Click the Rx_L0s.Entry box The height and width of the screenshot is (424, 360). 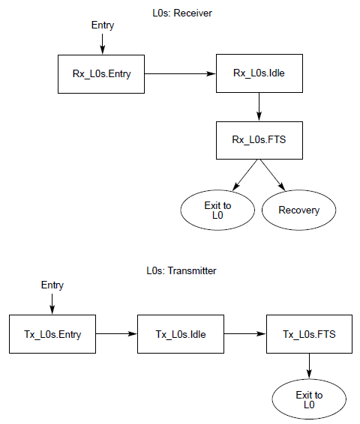pos(101,74)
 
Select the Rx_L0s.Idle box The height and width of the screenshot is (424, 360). pos(259,73)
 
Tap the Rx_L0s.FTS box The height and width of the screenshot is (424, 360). pos(259,140)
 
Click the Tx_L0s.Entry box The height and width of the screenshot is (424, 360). pos(52,334)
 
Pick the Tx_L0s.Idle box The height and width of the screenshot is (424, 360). pos(181,334)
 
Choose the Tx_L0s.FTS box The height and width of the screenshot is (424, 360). pos(310,334)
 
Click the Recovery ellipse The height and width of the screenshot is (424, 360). pos(298,210)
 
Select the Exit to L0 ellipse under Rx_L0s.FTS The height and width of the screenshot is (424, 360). pos(217,210)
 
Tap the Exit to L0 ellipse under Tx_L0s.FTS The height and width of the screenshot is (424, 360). pos(309,399)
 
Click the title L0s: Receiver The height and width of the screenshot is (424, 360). pos(182,13)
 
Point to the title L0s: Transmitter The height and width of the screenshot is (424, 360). pos(181,270)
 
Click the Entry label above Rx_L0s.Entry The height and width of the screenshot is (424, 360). pos(103,25)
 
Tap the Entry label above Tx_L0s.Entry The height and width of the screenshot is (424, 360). pos(52,285)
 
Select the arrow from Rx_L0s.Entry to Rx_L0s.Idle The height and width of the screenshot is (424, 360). pos(180,73)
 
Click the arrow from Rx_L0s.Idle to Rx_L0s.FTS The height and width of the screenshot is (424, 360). pos(259,107)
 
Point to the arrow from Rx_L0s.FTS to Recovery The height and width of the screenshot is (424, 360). pos(273,175)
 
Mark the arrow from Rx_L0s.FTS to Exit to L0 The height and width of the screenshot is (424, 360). pos(245,175)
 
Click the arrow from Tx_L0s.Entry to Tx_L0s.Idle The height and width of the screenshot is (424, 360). pos(117,333)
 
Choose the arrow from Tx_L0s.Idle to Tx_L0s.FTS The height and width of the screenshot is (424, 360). pos(245,333)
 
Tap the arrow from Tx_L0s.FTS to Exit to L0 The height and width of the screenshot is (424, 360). pos(309,366)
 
